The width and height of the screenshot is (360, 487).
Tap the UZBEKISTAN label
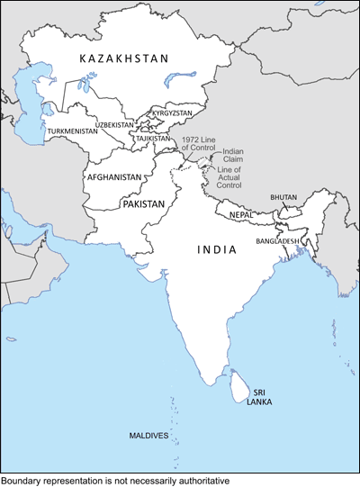[x=114, y=125]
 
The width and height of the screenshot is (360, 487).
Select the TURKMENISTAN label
[x=72, y=131]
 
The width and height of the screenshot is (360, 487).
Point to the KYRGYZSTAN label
[x=171, y=113]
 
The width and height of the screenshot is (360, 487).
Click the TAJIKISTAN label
[x=153, y=139]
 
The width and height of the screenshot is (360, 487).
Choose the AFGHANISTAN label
[x=114, y=177]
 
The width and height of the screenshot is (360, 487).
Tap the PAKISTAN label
[x=143, y=204]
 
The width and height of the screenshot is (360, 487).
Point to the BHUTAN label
[x=283, y=197]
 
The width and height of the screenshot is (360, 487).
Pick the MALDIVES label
[x=148, y=436]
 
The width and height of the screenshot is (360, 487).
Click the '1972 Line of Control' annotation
[x=198, y=144]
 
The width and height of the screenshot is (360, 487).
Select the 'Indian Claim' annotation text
[x=233, y=156]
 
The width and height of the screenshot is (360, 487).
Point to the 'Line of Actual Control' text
[x=230, y=176]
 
